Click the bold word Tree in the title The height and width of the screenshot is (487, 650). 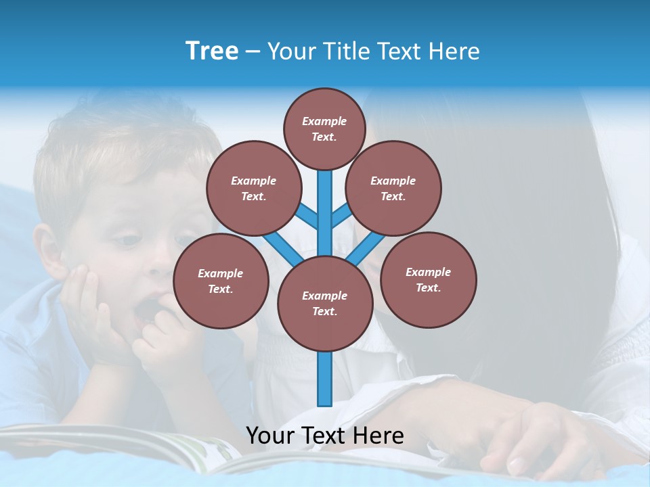[212, 51]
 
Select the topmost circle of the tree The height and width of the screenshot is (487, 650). [324, 129]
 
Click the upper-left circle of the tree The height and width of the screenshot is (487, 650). [253, 188]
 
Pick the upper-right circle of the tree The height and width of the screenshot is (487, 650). [393, 188]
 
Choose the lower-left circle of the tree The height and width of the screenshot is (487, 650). [220, 281]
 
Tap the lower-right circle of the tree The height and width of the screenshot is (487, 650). [428, 279]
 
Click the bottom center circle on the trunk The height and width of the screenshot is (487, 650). [324, 303]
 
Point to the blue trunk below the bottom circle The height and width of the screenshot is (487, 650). [324, 379]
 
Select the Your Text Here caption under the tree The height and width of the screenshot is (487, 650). [324, 435]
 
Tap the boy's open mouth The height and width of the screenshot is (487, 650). [148, 311]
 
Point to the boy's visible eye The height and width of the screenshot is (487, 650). [128, 240]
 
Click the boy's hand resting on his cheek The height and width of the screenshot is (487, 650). [85, 304]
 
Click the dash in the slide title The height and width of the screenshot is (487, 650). [253, 51]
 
